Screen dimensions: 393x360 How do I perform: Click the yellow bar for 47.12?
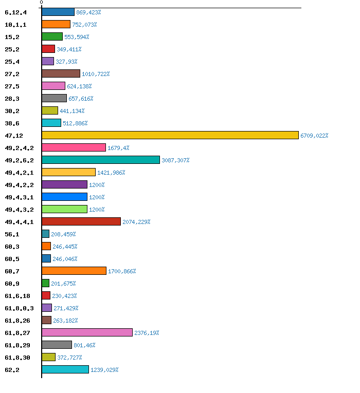[170, 135]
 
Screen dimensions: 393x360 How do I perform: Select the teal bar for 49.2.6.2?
[101, 160]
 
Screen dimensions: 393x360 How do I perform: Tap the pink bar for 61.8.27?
[87, 332]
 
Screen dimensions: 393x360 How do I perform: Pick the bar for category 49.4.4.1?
[81, 221]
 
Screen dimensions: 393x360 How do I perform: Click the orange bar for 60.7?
[74, 271]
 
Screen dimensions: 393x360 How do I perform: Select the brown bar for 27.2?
[61, 73]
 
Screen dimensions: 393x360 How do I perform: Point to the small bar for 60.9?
[46, 283]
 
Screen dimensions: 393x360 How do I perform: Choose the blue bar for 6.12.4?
[58, 12]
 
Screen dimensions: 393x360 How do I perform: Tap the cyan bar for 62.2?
[65, 369]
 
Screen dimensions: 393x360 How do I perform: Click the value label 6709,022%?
[314, 136]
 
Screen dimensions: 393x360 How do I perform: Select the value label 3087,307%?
[175, 160]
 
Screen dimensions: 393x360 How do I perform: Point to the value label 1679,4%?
[118, 148]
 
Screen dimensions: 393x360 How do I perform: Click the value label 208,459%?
[63, 234]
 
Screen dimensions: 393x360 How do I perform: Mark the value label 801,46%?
[84, 345]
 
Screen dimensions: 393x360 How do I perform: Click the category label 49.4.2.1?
[19, 173]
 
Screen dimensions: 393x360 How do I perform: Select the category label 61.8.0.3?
[19, 308]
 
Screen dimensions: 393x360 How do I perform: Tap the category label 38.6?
[12, 123]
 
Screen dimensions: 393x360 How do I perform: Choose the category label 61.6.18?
[17, 296]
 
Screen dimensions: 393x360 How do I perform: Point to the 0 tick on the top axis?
[42, 3]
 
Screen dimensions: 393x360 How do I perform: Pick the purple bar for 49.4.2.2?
[64, 184]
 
